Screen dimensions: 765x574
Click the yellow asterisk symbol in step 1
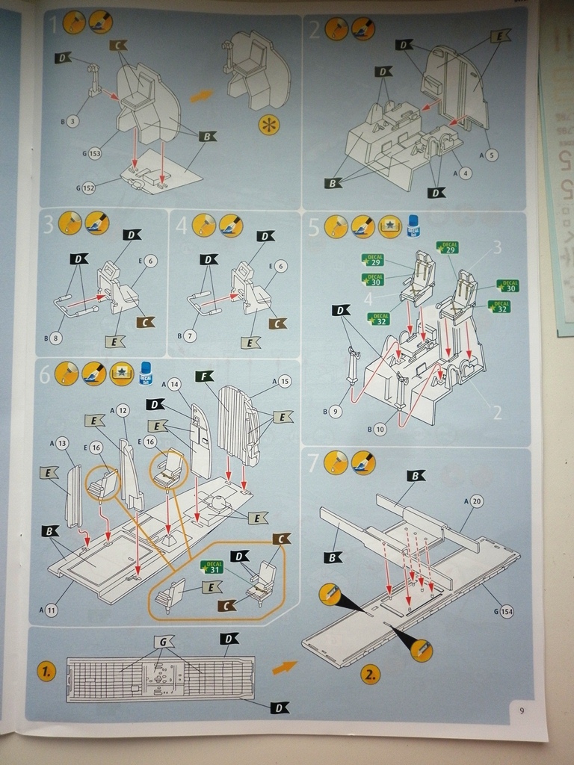[x=268, y=125]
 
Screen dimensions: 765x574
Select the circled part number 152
[x=88, y=188]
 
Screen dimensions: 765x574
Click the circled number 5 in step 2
[x=491, y=155]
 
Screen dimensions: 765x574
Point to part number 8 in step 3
[x=57, y=338]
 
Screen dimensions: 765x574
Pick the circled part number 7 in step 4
[x=189, y=336]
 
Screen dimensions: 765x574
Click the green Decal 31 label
[x=212, y=567]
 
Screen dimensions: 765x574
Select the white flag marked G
[x=164, y=641]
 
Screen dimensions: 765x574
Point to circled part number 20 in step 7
[x=477, y=501]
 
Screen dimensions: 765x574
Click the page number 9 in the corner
[x=522, y=710]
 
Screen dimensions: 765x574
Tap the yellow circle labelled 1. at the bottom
[x=47, y=672]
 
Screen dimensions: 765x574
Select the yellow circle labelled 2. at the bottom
[x=370, y=675]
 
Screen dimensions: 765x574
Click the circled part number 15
[x=285, y=382]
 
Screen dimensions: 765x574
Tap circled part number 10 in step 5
[x=380, y=428]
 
